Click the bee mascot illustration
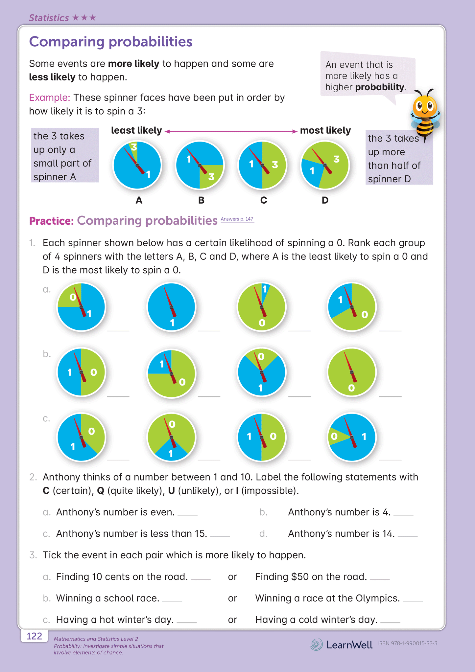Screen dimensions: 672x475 (425, 113)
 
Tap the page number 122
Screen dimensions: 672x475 (34, 637)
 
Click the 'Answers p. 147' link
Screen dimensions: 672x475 (237, 219)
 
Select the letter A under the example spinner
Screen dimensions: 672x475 (139, 200)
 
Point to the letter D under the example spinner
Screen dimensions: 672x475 (325, 200)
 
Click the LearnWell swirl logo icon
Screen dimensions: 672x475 (316, 644)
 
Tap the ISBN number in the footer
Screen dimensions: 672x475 (407, 643)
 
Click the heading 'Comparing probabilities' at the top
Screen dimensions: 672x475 (111, 42)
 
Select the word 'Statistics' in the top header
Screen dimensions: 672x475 (49, 18)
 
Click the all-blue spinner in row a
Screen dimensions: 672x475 (172, 307)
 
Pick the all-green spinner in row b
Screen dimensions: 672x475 (352, 372)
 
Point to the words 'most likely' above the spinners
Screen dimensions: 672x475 (325, 131)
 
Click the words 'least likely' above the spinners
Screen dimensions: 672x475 (136, 131)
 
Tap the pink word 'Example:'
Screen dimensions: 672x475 (50, 98)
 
